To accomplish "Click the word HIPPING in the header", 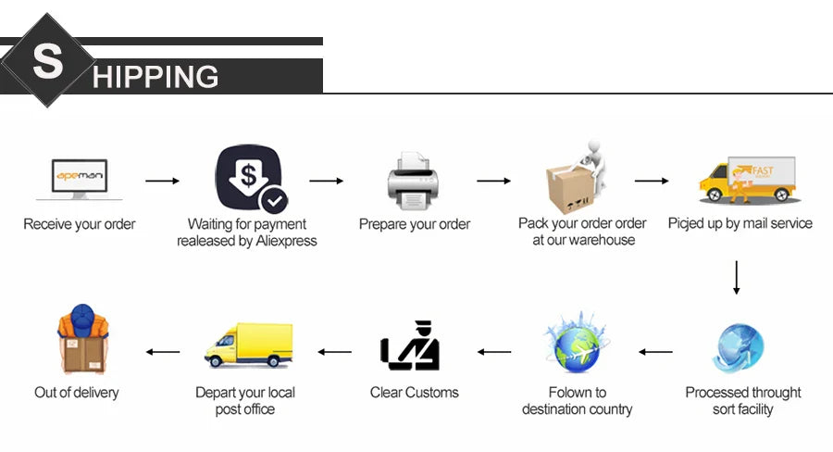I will (x=155, y=76).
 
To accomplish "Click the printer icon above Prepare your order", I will (x=413, y=181).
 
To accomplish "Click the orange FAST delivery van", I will (x=746, y=180).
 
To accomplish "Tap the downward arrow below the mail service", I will (x=737, y=277).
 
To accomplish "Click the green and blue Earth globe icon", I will (x=576, y=343).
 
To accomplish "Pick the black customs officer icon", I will (x=412, y=346).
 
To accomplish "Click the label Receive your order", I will (x=80, y=224).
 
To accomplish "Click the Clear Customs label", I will (x=414, y=392).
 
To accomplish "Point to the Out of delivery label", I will (x=77, y=392).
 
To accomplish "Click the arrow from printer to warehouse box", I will (x=493, y=181).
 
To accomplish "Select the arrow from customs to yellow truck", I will (x=335, y=352).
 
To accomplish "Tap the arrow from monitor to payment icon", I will (x=162, y=181).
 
